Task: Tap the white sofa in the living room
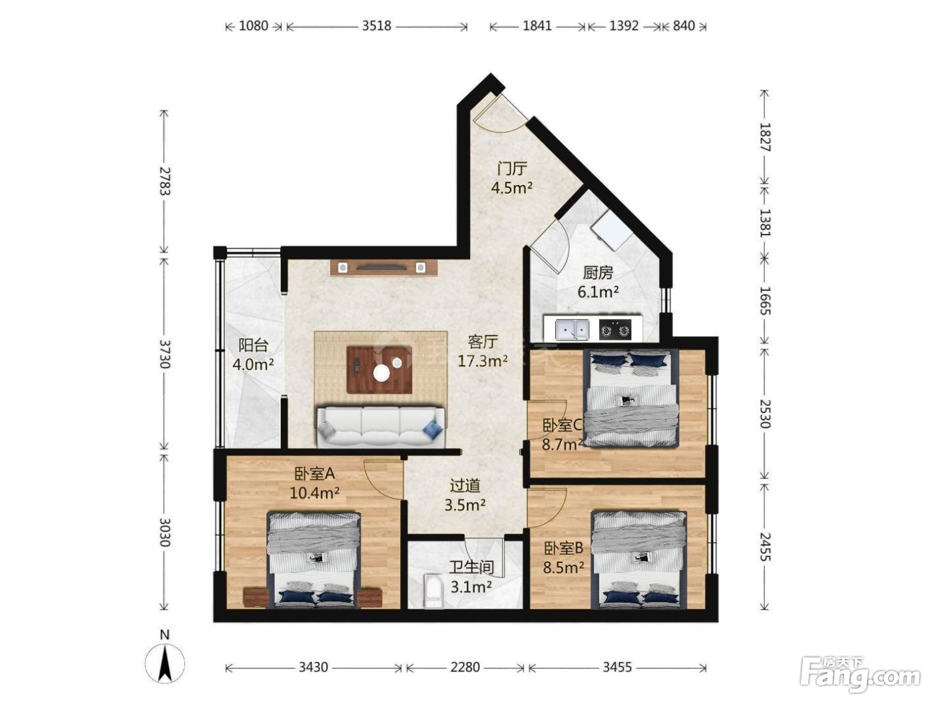(380, 427)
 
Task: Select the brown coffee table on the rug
(379, 370)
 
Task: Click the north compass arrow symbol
(164, 664)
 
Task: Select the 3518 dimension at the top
(377, 26)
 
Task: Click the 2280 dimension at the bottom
(465, 667)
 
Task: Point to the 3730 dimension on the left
(164, 354)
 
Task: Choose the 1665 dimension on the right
(764, 300)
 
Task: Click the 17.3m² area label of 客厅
(483, 361)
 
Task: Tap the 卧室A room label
(315, 474)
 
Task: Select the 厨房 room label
(598, 273)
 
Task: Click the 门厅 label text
(512, 169)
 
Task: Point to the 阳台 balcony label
(253, 345)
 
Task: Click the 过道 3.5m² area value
(465, 505)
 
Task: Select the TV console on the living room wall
(384, 268)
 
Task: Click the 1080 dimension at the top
(254, 26)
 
